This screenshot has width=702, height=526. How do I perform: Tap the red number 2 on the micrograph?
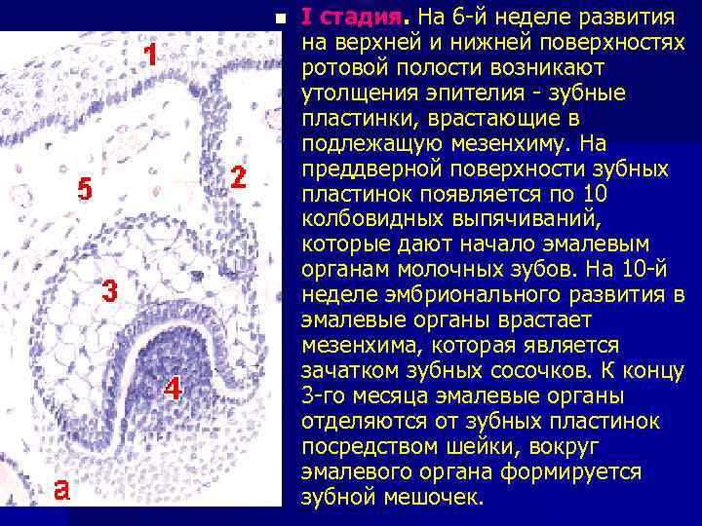tap(237, 179)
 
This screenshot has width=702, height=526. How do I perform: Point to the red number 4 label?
tap(173, 389)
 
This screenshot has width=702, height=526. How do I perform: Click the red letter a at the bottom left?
tap(61, 489)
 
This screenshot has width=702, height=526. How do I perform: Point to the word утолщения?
tap(351, 94)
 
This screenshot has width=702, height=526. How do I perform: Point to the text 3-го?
tap(325, 396)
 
